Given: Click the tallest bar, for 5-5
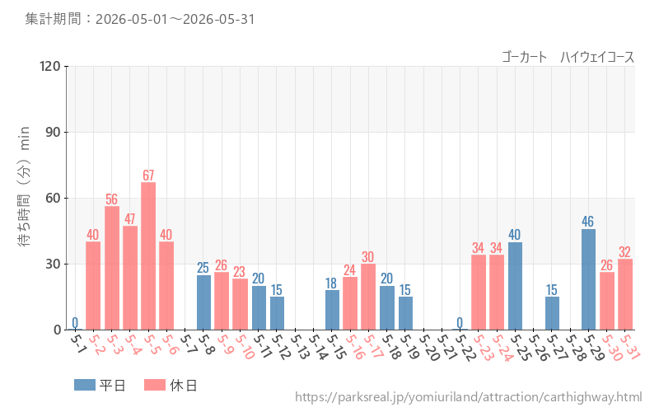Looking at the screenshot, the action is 148,256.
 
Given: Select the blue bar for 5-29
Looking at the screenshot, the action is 588,279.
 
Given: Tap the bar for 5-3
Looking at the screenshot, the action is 112,269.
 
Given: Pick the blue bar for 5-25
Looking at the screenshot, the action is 516,286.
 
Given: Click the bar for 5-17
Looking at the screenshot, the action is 368,297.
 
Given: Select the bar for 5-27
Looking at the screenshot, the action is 552,313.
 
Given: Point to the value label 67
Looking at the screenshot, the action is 148,176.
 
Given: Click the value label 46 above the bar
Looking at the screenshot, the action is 588,222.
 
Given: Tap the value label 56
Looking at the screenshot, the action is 112,199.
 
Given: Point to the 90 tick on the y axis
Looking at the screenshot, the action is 53,132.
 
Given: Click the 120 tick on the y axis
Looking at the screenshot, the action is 50,66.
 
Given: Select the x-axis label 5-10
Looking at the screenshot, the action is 244,347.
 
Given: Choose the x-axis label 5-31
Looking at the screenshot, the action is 629,347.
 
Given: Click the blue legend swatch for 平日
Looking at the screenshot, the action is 85,385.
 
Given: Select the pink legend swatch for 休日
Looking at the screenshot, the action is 155,385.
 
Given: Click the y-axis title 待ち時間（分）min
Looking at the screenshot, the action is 24,186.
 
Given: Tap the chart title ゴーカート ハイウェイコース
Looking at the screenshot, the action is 568,57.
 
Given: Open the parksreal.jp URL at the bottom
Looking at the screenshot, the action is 468,397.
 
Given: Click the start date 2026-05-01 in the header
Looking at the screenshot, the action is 132,19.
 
